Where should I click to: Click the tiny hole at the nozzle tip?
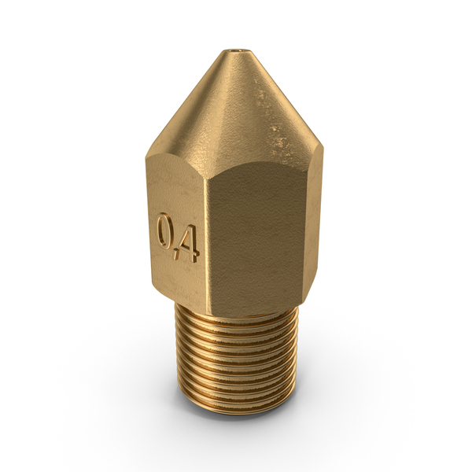(x=236, y=51)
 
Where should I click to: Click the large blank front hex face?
(x=259, y=238)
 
